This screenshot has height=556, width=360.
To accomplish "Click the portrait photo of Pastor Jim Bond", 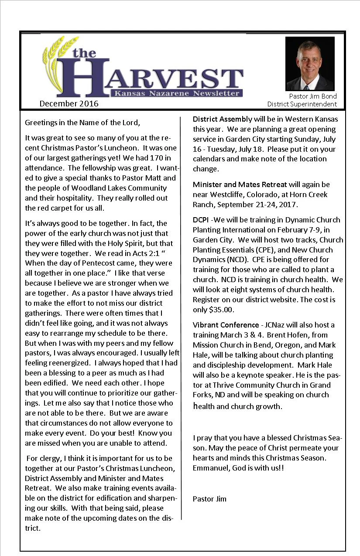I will [310, 64].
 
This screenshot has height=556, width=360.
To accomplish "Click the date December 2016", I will [69, 104].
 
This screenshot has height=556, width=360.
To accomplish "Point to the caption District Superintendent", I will [302, 104].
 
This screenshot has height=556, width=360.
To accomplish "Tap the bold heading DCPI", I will [201, 220].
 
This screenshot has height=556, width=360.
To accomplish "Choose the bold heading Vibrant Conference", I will [226, 325].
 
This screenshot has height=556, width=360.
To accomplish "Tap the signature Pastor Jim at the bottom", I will [209, 499].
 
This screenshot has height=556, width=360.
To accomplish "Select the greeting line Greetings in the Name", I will [82, 123].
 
